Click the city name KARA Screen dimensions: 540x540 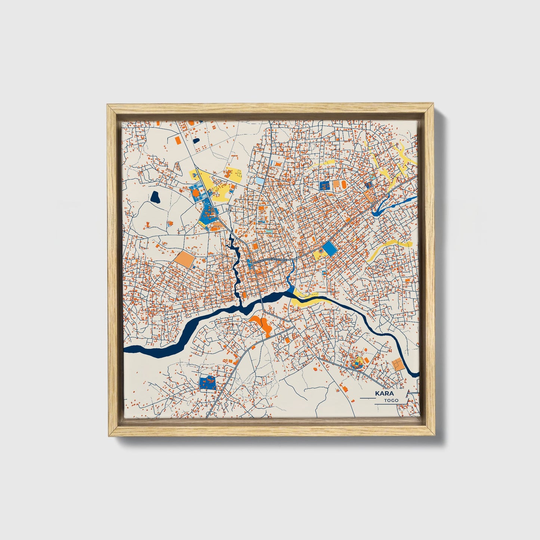click(x=384, y=394)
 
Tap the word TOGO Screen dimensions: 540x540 click(x=391, y=400)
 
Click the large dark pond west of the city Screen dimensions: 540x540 click(x=155, y=197)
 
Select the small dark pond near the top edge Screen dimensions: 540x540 click(x=196, y=141)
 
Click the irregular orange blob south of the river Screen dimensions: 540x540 click(x=263, y=324)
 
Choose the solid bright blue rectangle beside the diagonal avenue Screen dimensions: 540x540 click(x=330, y=248)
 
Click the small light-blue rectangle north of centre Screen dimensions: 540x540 click(x=259, y=180)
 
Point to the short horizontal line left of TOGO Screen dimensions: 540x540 click(x=367, y=399)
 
